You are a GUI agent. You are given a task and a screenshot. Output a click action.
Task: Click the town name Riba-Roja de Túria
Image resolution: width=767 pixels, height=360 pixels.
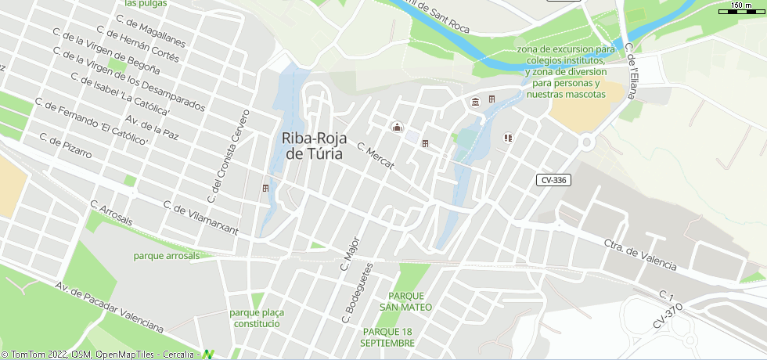(x=314, y=146)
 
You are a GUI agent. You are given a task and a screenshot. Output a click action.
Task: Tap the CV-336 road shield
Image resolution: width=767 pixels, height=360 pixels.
(x=553, y=180)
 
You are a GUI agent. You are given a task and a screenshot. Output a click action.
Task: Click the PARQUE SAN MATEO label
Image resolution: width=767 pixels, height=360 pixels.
(x=405, y=301)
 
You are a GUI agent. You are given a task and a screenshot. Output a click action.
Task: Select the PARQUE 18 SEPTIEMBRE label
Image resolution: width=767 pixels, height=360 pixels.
(x=388, y=337)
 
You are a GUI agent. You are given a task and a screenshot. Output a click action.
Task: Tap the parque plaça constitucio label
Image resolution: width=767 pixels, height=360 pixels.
(x=257, y=318)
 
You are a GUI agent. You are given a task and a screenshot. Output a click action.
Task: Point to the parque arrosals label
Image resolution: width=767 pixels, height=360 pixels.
(x=167, y=255)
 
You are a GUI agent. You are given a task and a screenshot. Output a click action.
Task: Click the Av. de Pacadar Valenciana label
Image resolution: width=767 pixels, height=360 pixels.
(x=109, y=304)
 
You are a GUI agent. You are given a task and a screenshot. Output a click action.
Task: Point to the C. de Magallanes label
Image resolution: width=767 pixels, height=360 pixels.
(x=149, y=31)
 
